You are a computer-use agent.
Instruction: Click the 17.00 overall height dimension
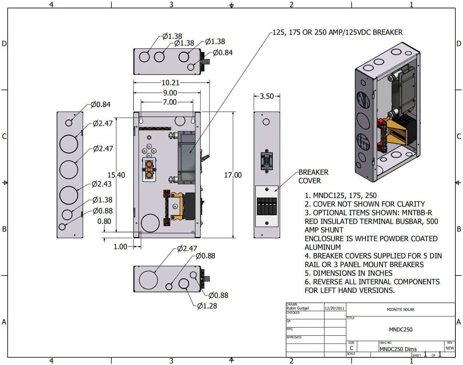pos(233,175)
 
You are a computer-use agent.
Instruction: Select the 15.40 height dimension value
pos(116,175)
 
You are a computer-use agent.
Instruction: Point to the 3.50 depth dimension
pos(267,96)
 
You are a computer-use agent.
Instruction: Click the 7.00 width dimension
pos(169,102)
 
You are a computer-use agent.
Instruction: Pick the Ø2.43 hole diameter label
pos(101,184)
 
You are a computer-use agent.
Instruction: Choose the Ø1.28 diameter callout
pos(207,306)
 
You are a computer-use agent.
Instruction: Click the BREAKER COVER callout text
pos(313,176)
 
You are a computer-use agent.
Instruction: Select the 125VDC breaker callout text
pos(338,32)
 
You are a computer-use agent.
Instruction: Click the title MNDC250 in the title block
pos(400,330)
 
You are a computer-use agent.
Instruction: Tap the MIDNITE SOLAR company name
pos(400,310)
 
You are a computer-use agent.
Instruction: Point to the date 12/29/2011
pos(335,308)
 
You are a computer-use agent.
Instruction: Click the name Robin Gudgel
pos(298,308)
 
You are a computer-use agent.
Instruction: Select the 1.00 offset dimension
pos(121,247)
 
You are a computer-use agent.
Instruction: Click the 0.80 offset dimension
pos(104,221)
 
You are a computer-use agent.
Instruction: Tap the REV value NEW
pos(450,348)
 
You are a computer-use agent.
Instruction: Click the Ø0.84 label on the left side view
pos(100,105)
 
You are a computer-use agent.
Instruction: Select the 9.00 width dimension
pos(169,93)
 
